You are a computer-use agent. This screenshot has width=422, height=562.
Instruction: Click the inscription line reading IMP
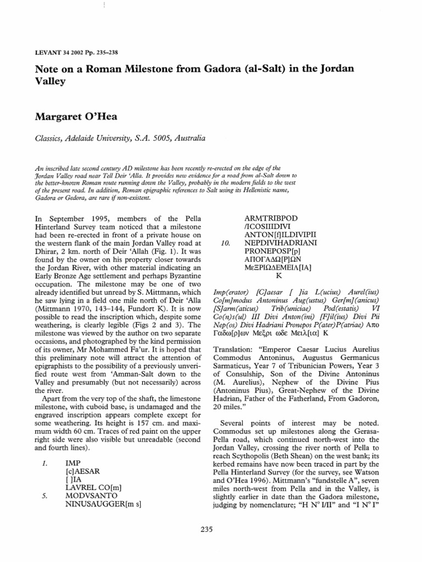tap(73, 464)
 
